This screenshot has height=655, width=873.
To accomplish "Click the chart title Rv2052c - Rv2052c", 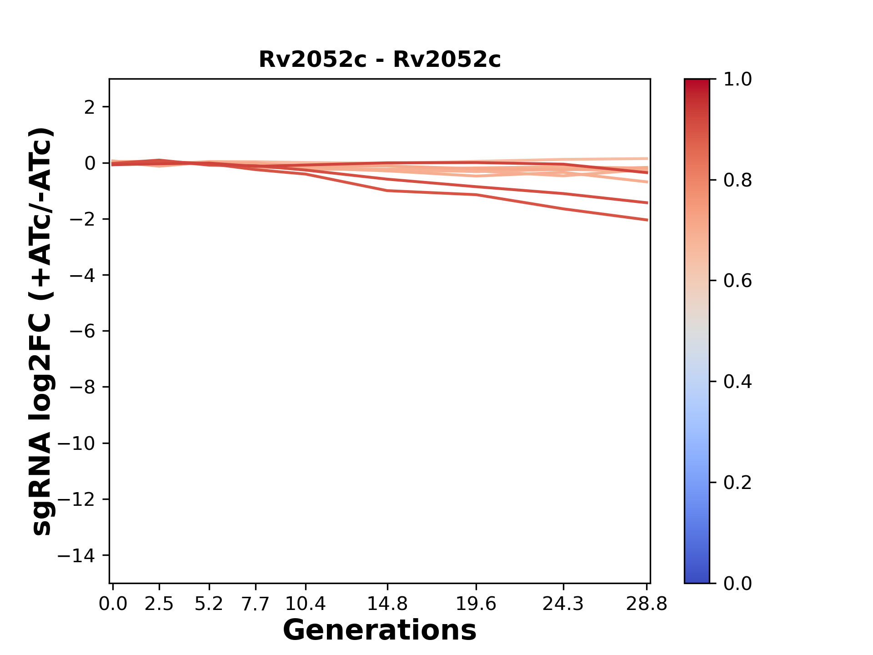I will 380,60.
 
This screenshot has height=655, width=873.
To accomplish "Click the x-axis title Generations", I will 380,630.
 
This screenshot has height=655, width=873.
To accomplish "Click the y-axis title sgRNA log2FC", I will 42,331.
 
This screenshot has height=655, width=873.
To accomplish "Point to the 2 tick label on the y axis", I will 90,107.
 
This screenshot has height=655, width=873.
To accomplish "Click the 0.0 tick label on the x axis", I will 113,604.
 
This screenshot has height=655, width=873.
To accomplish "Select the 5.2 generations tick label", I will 209,604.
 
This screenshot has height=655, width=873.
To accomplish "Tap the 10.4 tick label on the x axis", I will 306,604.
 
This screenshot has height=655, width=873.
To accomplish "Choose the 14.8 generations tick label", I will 387,604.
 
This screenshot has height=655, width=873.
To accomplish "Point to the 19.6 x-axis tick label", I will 476,604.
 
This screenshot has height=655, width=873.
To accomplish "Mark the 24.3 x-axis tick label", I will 563,604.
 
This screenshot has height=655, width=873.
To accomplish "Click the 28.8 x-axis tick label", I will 647,604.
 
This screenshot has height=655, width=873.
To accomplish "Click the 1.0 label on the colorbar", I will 738,80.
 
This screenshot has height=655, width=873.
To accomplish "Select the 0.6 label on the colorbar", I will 738,281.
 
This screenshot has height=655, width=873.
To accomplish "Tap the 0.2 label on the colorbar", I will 738,483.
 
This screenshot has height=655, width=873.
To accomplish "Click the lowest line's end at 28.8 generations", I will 647,220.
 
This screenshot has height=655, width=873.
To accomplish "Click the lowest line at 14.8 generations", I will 387,191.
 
